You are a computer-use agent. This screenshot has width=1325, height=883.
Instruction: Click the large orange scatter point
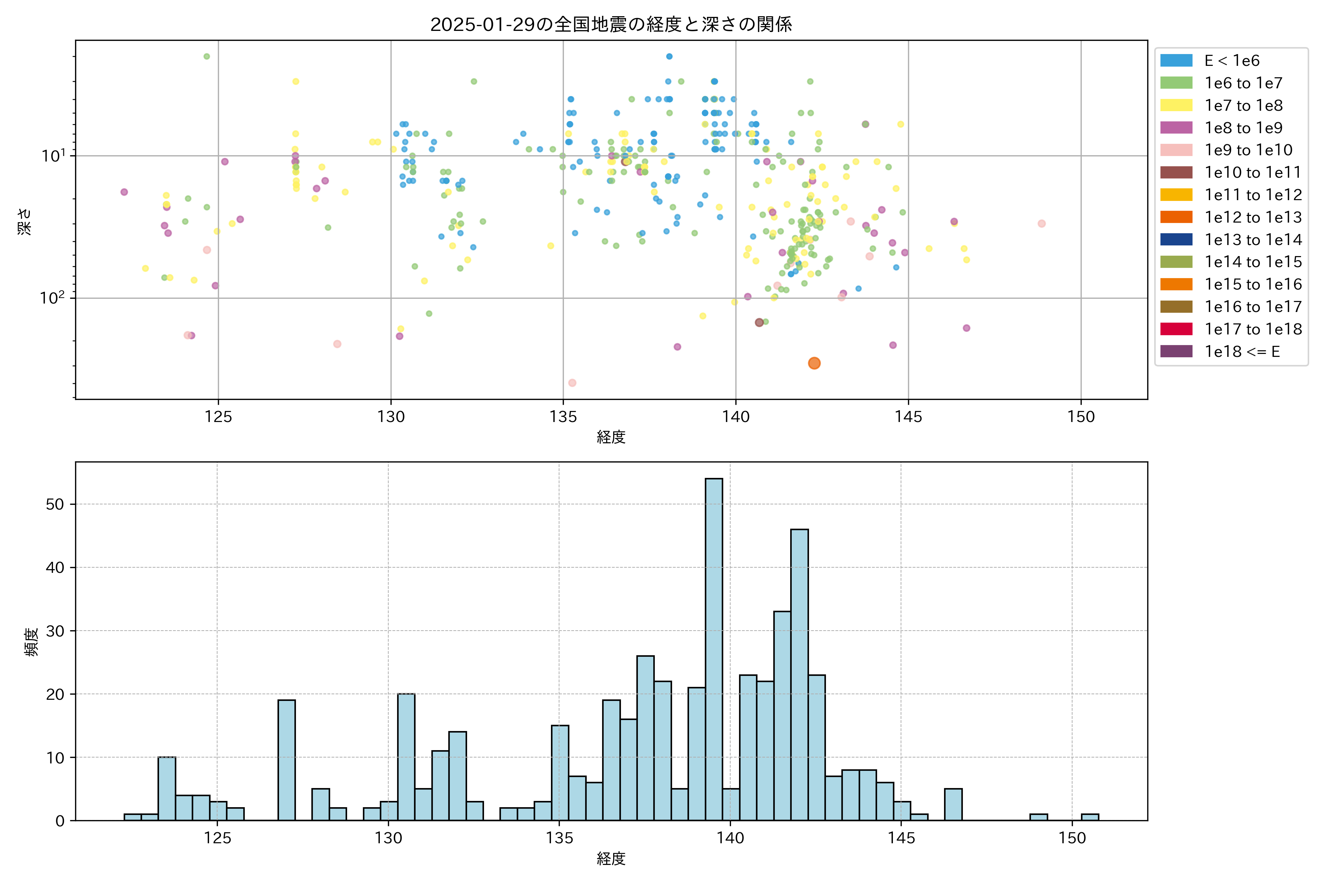pyautogui.click(x=814, y=363)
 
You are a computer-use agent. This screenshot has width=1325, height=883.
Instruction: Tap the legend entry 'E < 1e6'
pyautogui.click(x=1232, y=61)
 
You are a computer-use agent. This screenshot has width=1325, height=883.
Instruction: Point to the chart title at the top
pyautogui.click(x=611, y=24)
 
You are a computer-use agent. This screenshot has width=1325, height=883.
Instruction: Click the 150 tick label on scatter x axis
pyautogui.click(x=1081, y=417)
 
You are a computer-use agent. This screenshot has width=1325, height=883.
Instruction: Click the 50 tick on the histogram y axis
pyautogui.click(x=55, y=504)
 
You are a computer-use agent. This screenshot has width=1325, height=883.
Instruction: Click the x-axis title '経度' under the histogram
pyautogui.click(x=611, y=859)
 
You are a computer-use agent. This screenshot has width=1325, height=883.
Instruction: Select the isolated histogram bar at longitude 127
pyautogui.click(x=286, y=760)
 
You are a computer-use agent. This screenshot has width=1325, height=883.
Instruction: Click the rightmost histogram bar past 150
pyautogui.click(x=1089, y=817)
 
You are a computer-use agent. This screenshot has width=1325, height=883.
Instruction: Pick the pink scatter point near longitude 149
pyautogui.click(x=1042, y=224)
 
